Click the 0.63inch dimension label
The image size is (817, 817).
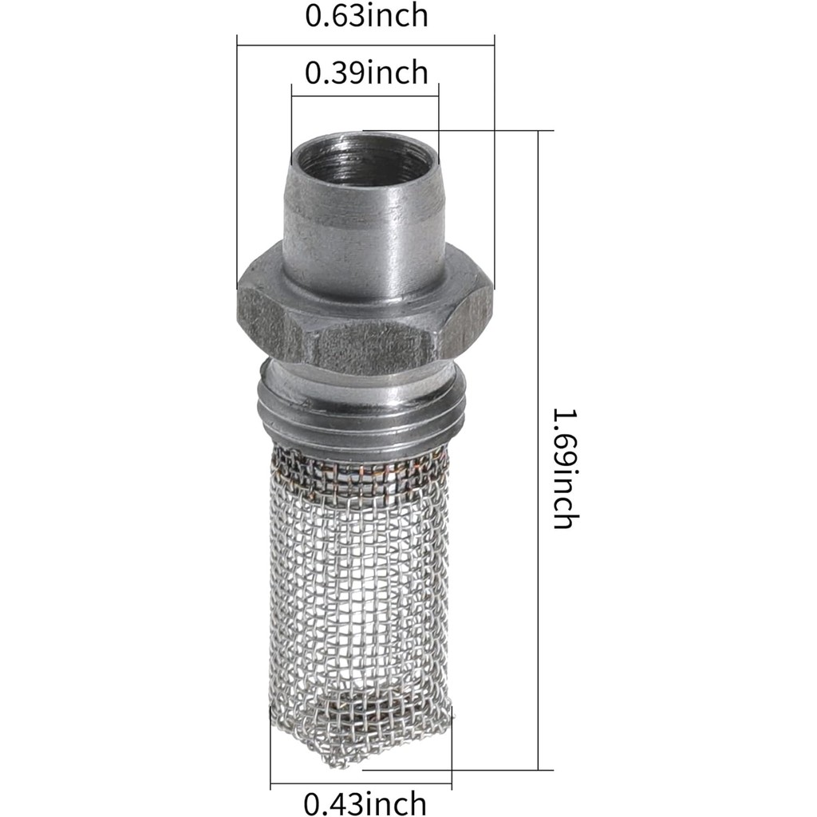[x=366, y=15]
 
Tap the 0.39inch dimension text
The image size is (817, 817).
[x=366, y=73]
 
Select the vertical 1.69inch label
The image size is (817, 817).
[x=563, y=468]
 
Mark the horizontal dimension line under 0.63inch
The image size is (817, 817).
[x=366, y=45]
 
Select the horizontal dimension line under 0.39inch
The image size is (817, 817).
[x=366, y=97]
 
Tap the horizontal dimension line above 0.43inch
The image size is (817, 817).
[x=361, y=784]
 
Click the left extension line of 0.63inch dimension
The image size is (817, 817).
[x=237, y=160]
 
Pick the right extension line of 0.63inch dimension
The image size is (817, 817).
[x=495, y=160]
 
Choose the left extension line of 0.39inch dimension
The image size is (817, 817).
[x=292, y=120]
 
